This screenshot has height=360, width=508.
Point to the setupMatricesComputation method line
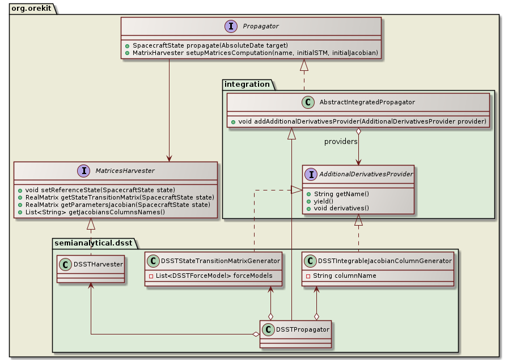pos(251,53)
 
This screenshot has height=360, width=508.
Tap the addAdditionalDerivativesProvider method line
pos(358,121)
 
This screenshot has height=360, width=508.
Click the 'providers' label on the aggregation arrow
pos(341,141)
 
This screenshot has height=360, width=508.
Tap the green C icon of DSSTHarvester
pos(65,264)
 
